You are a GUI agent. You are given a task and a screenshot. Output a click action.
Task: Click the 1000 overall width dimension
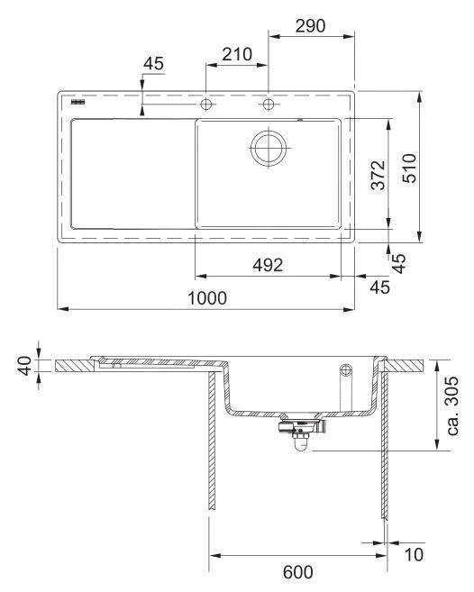[x=206, y=296]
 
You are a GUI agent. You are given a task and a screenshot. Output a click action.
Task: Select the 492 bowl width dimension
[x=268, y=265]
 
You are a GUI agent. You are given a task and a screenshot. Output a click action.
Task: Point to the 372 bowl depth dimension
[x=378, y=175]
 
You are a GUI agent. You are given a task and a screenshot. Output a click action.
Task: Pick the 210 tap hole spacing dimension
[x=235, y=54]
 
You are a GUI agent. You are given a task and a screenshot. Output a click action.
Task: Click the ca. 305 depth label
[x=455, y=405]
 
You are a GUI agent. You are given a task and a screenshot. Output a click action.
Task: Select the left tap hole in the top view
[x=206, y=105]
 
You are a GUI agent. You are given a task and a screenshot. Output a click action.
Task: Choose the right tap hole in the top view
[x=268, y=105]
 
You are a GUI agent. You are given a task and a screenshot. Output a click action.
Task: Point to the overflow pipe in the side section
[x=344, y=382]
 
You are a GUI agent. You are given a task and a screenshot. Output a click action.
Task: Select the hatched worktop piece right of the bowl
[x=406, y=365]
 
